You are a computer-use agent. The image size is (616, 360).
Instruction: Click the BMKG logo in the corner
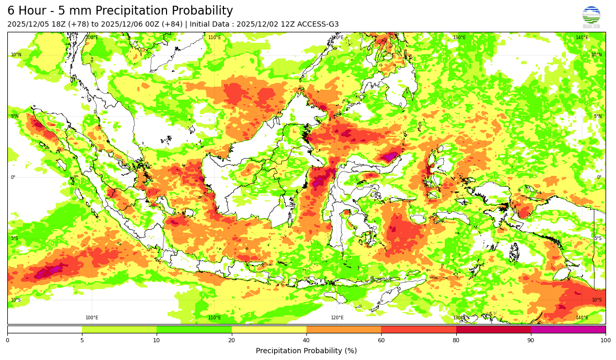coord(591,16)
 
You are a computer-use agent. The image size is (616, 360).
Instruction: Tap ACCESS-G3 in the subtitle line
coord(318,24)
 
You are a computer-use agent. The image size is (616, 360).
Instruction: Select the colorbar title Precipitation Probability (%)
coord(306,351)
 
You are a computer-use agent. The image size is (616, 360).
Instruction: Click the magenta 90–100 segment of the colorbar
coord(568,329)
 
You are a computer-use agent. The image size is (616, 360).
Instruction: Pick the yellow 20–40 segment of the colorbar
coord(269,329)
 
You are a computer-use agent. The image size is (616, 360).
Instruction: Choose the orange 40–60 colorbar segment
coord(343,329)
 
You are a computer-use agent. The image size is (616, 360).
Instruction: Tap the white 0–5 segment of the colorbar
coord(45,329)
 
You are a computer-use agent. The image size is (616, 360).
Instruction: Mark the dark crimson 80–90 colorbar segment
coord(493,329)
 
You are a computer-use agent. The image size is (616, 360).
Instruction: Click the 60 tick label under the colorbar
coord(381,340)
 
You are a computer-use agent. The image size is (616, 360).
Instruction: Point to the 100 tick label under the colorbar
coord(606,340)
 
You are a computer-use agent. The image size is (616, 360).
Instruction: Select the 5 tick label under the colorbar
coord(82,340)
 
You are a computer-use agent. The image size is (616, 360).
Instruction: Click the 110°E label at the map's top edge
coord(215,38)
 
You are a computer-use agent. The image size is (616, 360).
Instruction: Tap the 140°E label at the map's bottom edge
coord(582,318)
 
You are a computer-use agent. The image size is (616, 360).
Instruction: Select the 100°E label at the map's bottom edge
coord(92,318)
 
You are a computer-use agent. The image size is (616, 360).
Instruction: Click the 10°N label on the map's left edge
coord(16,55)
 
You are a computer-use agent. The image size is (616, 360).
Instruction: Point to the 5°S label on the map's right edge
coord(598,238)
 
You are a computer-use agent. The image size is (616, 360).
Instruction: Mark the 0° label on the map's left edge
coord(13,177)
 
